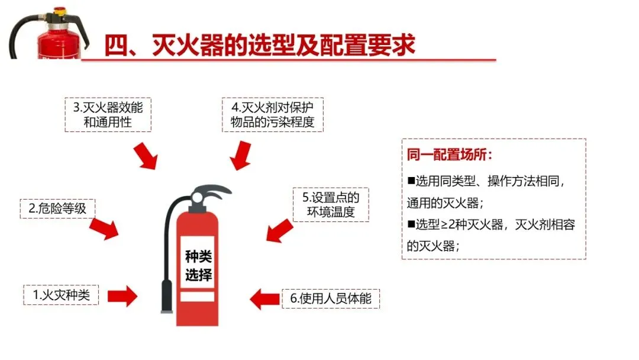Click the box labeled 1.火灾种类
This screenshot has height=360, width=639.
(62, 294)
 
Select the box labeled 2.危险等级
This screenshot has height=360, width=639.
(57, 208)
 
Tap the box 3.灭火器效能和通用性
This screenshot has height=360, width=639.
(108, 115)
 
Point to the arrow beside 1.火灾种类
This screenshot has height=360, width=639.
(122, 295)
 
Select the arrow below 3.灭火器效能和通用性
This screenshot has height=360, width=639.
(145, 156)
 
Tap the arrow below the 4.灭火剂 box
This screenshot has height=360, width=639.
(241, 156)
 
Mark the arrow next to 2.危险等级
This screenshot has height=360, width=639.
(105, 228)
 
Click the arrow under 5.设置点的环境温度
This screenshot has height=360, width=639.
(279, 230)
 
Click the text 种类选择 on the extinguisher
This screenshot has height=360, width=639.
(198, 266)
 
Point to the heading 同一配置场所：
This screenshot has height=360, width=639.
(450, 155)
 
